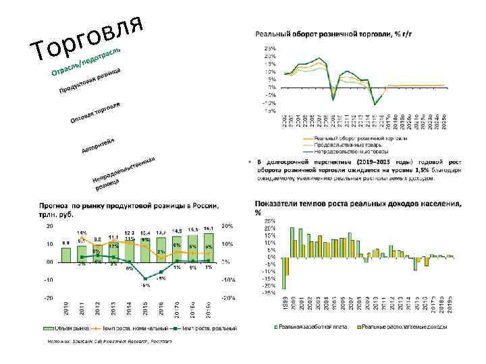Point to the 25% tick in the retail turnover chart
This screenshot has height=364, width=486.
[x=269, y=48]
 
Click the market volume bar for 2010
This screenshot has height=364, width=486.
[x=66, y=254]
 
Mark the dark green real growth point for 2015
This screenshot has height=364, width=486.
[x=145, y=278]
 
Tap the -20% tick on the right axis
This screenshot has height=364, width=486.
[x=228, y=297]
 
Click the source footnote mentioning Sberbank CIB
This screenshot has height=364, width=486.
[x=108, y=342]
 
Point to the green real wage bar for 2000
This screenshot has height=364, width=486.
[x=292, y=242]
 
